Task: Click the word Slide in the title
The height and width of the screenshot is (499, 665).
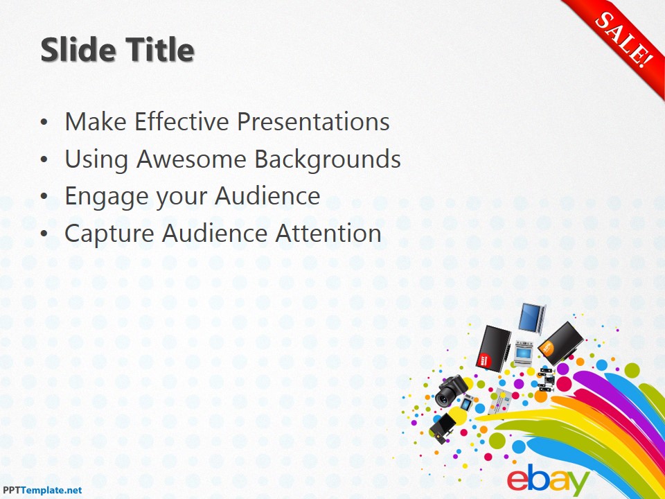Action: (77, 50)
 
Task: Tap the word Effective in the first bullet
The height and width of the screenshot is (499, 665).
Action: (181, 122)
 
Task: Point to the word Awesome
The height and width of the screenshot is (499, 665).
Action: (192, 159)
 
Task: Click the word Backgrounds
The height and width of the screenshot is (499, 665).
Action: (328, 159)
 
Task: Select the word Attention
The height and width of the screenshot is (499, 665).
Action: (328, 234)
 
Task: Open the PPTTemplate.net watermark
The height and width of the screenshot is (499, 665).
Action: (42, 490)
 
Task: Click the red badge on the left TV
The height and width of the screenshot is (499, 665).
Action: (485, 360)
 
